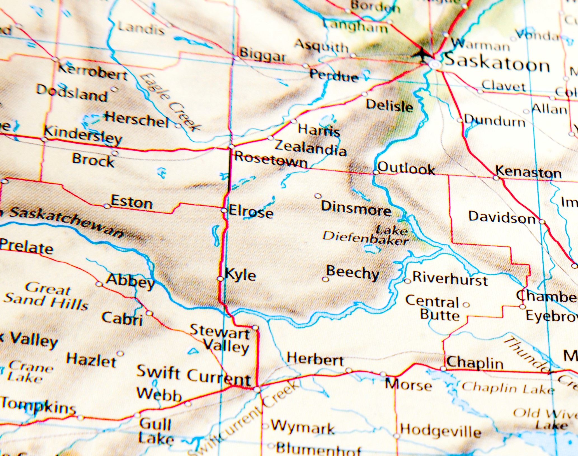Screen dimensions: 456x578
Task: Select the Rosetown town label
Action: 271,160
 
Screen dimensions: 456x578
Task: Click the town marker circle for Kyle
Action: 220,279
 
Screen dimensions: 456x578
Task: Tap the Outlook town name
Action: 406,169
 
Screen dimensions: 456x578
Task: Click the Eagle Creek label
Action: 169,102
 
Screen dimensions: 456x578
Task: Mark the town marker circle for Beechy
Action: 325,279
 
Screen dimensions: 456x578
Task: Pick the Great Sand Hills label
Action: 46,296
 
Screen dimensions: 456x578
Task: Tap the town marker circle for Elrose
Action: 224,210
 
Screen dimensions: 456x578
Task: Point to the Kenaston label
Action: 528,172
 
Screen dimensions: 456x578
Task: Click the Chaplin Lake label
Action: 508,388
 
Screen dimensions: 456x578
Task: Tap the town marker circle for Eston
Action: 107,206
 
